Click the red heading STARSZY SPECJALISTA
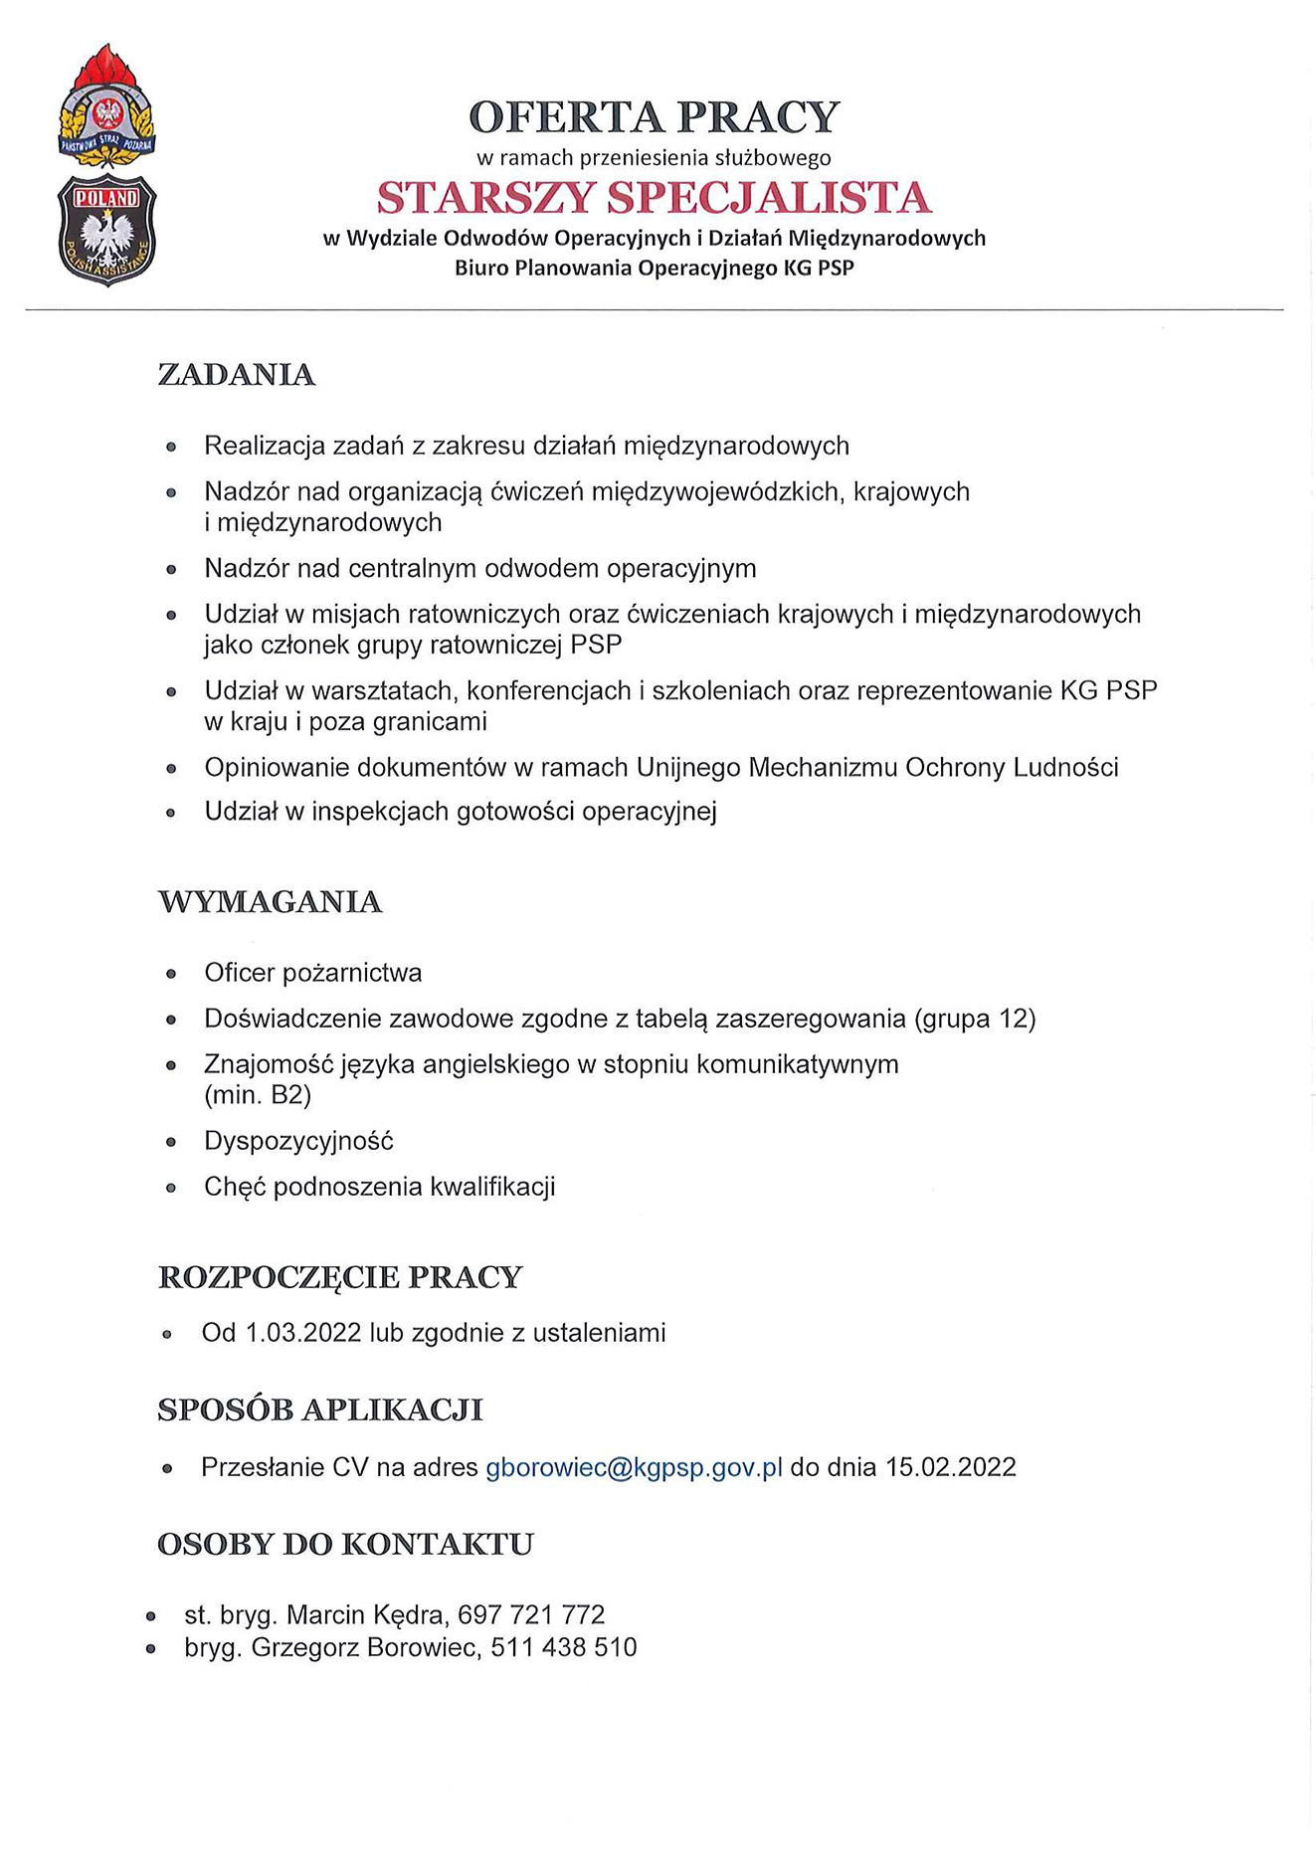click(x=654, y=198)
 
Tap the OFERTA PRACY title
click(x=654, y=117)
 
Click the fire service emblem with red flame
click(x=106, y=107)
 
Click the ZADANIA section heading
click(x=236, y=375)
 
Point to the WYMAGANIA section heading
click(x=270, y=902)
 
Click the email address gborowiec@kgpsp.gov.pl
click(x=634, y=1468)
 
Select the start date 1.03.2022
click(x=302, y=1333)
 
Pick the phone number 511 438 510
click(x=563, y=1648)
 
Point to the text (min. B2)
click(x=258, y=1095)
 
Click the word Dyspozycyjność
click(x=298, y=1141)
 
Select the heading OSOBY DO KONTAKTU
click(x=345, y=1545)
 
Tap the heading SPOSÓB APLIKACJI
click(x=320, y=1410)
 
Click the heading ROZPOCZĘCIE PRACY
click(x=340, y=1277)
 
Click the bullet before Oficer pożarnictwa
click(x=171, y=974)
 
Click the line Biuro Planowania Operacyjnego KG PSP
click(x=654, y=269)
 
